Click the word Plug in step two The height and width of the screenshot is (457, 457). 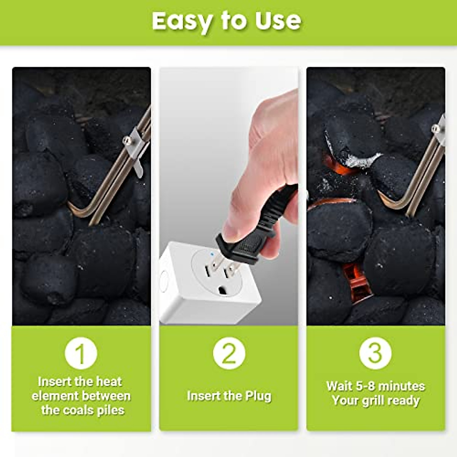[x=257, y=396]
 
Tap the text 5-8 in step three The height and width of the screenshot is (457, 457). [x=367, y=386]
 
